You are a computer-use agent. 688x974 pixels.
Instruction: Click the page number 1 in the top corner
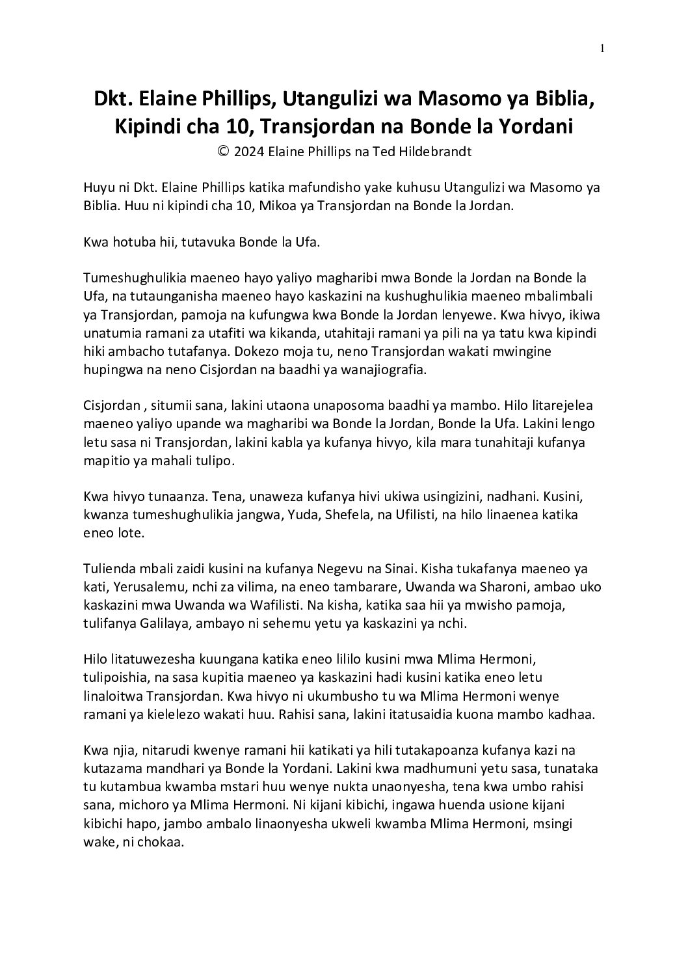click(603, 47)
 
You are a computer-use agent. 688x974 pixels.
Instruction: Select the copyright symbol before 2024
click(223, 152)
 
